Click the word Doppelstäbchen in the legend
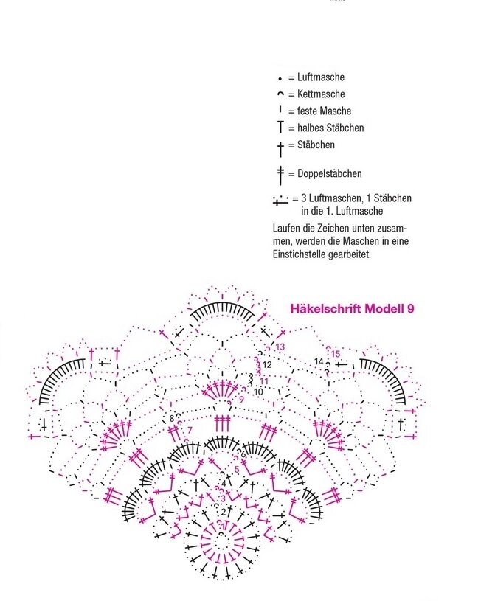click(x=330, y=173)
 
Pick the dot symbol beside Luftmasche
click(x=280, y=78)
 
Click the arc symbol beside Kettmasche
click(x=280, y=94)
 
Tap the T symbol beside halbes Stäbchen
click(x=280, y=128)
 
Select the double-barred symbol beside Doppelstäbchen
click(x=280, y=174)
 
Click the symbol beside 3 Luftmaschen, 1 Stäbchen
click(x=280, y=200)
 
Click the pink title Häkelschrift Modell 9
click(x=352, y=308)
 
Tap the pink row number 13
click(x=280, y=347)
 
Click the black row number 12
click(x=267, y=364)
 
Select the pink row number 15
click(x=335, y=354)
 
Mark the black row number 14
click(x=319, y=361)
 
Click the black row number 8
click(x=172, y=418)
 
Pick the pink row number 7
click(x=190, y=429)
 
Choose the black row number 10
click(x=258, y=392)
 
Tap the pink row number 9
click(x=241, y=399)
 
